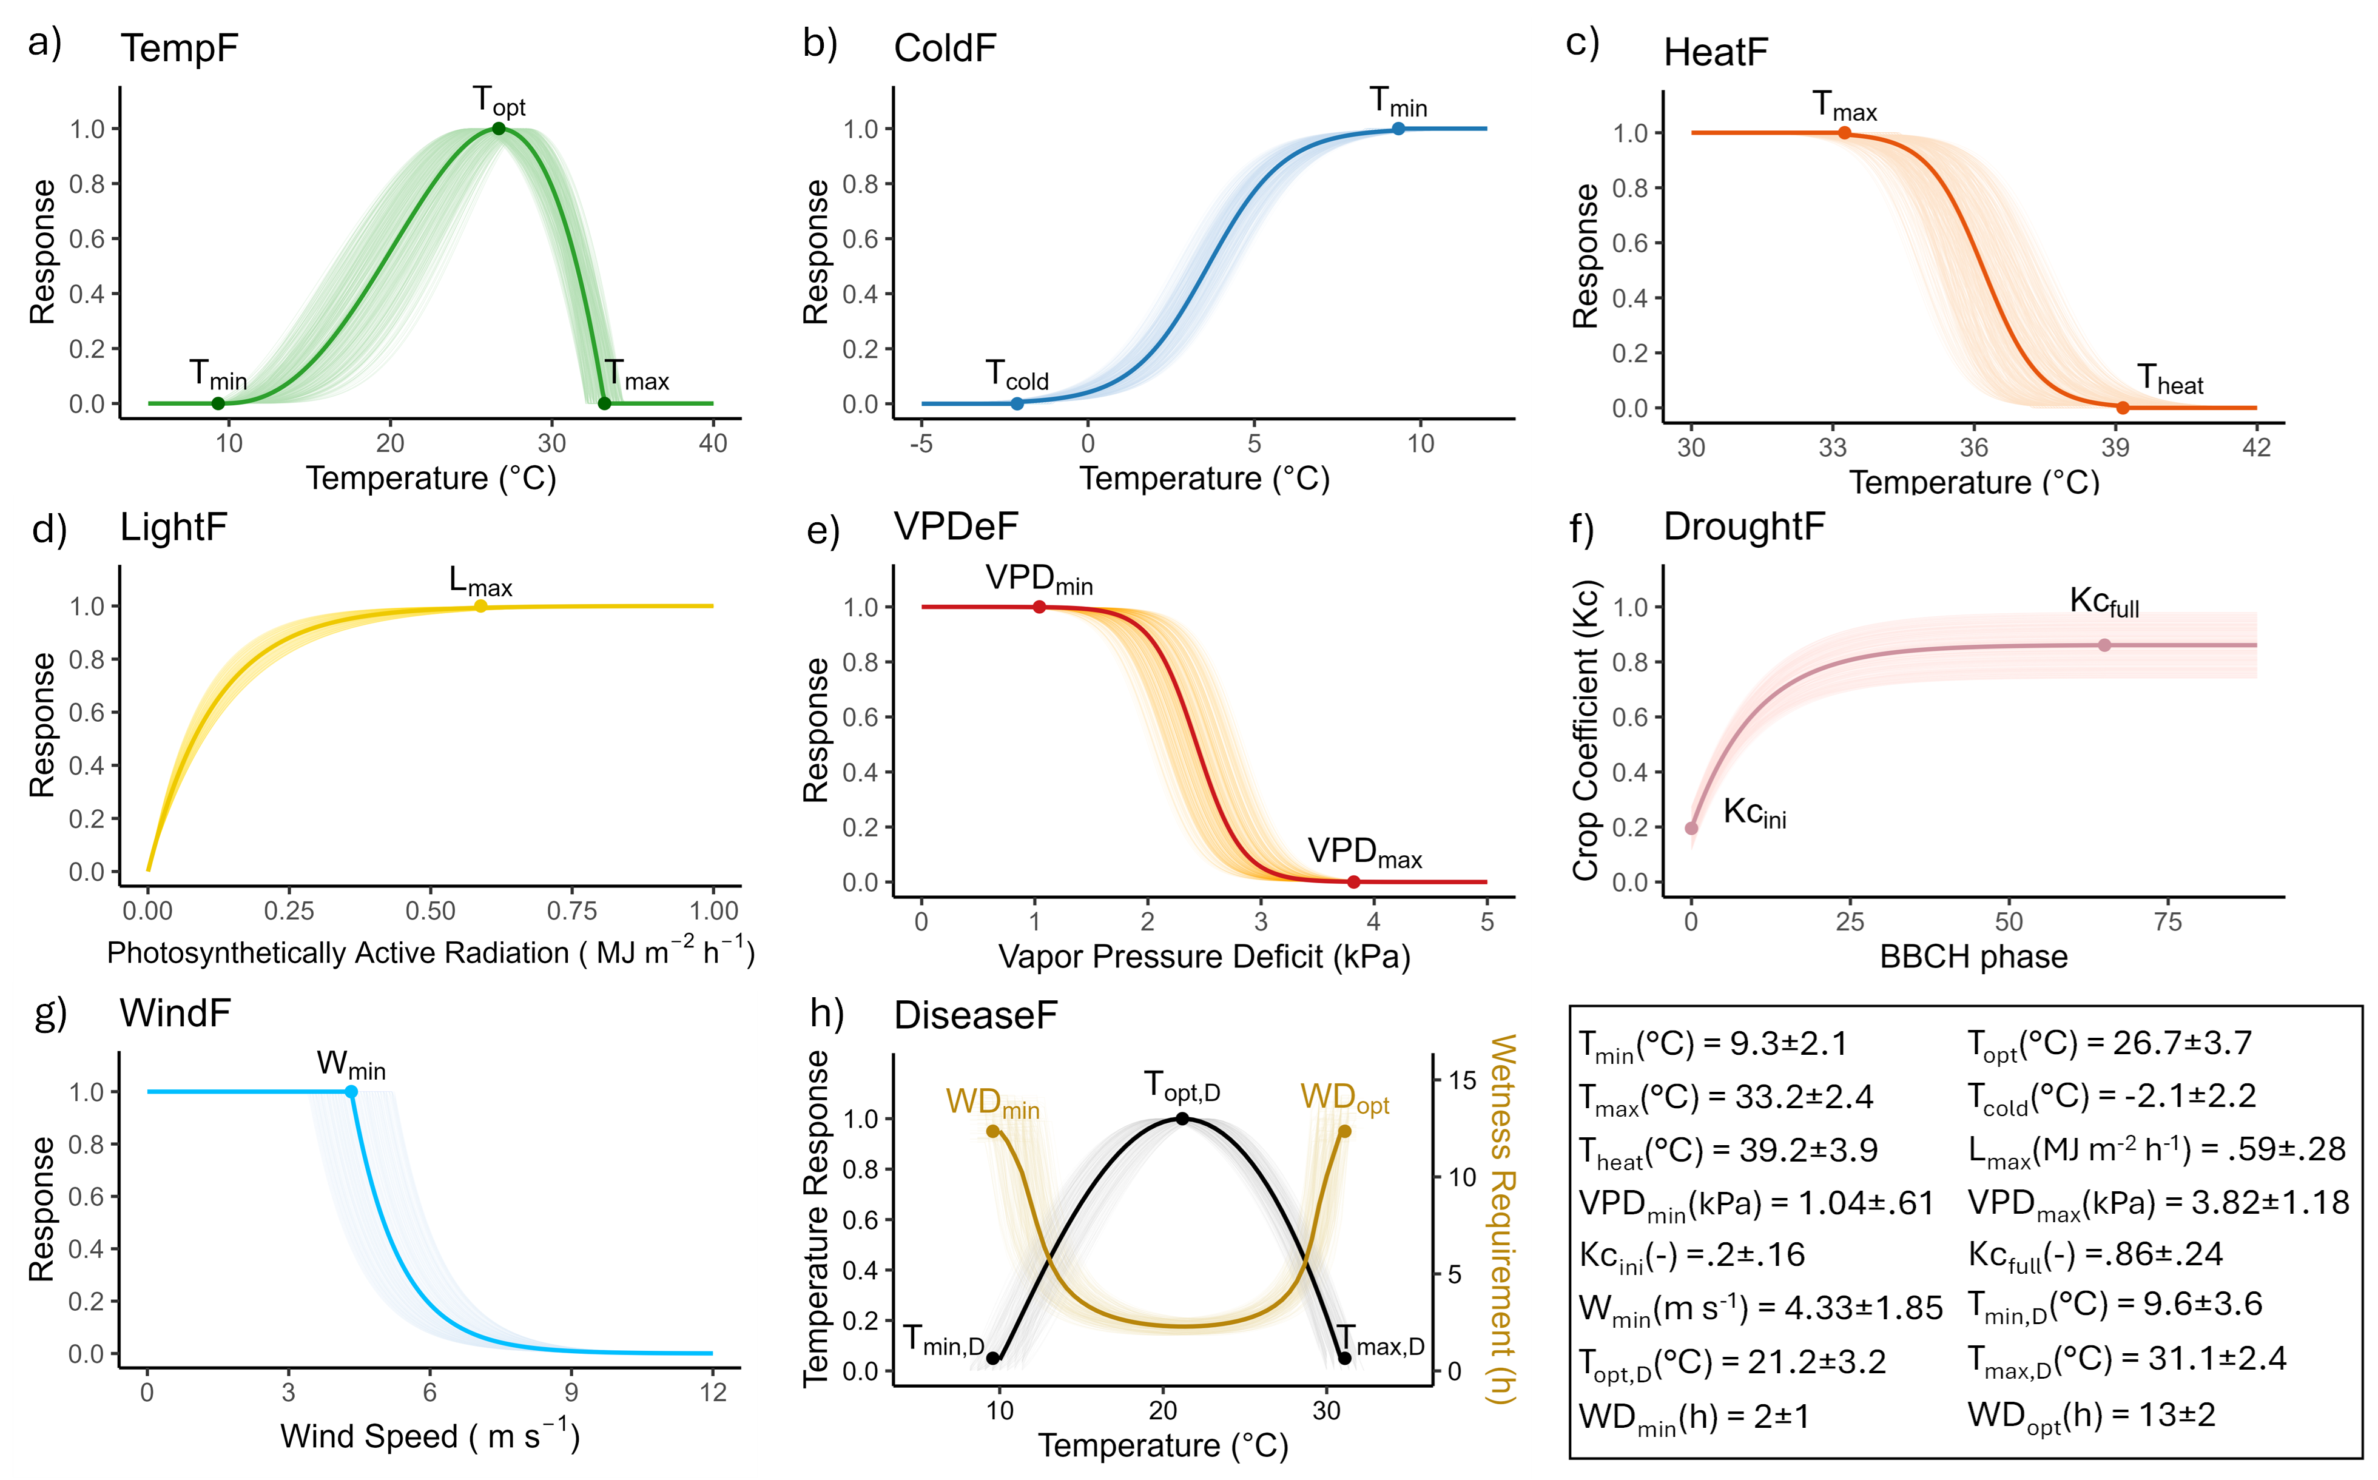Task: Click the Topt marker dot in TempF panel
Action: pyautogui.click(x=498, y=128)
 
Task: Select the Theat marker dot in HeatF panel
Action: pyautogui.click(x=2123, y=407)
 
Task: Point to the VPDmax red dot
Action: pyautogui.click(x=1354, y=882)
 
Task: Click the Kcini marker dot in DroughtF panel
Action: pyautogui.click(x=1691, y=828)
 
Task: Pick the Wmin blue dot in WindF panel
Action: pyautogui.click(x=351, y=1091)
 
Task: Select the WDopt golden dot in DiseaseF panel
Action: pyautogui.click(x=1344, y=1132)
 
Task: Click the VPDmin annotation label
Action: pyautogui.click(x=1039, y=579)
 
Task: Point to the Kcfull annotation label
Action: pyautogui.click(x=2104, y=602)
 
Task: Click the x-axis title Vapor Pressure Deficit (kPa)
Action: pyautogui.click(x=1204, y=957)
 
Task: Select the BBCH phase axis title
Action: pyautogui.click(x=1973, y=957)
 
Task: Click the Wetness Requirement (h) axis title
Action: pyautogui.click(x=1501, y=1219)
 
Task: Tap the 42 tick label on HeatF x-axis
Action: pyautogui.click(x=2255, y=447)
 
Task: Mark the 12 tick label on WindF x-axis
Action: pyautogui.click(x=713, y=1392)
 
